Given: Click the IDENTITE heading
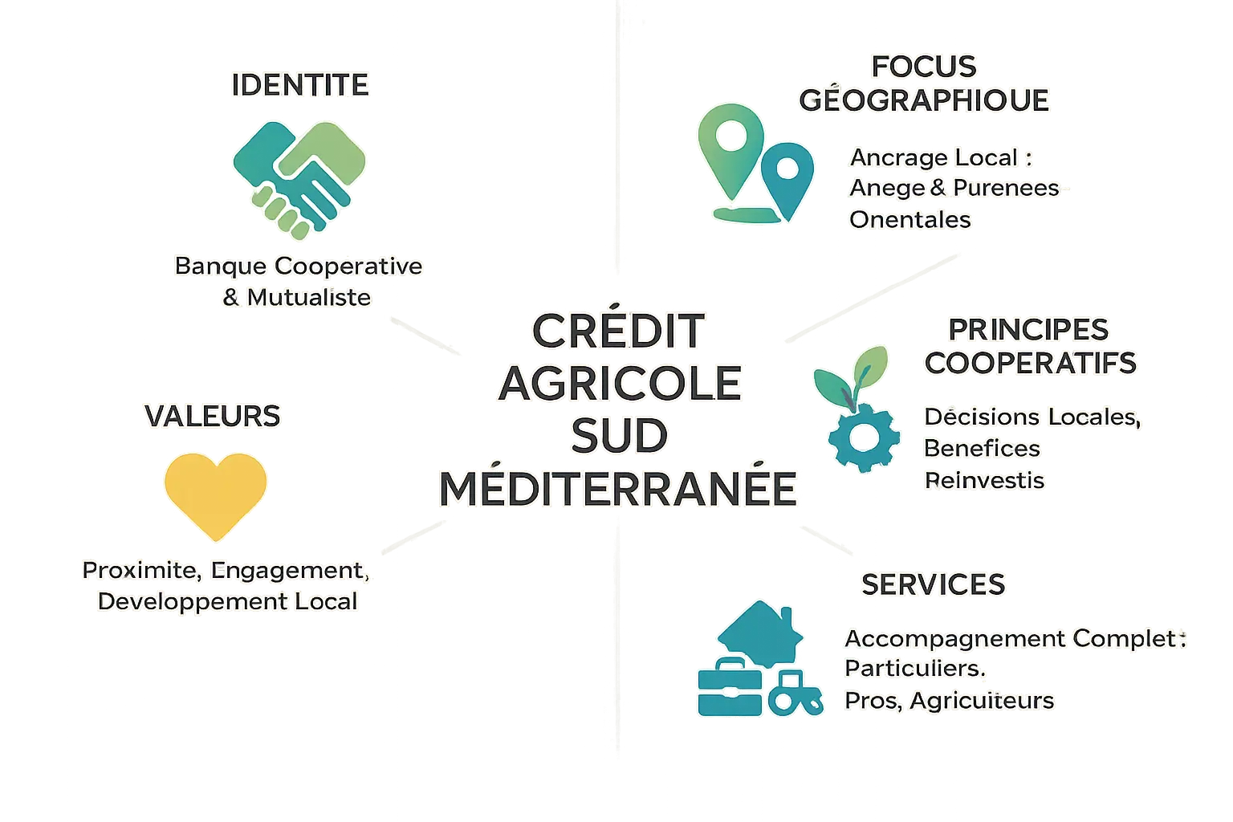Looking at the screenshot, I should [x=300, y=85].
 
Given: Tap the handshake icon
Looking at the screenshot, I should [x=299, y=177].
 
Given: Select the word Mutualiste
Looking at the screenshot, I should [x=309, y=298].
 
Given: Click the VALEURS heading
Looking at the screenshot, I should [x=212, y=416].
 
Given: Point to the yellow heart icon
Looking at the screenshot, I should [x=214, y=492].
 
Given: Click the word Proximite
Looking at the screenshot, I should [x=140, y=571].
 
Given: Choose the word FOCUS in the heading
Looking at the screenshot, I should [x=924, y=67].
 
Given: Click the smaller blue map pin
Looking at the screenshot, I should [x=787, y=177].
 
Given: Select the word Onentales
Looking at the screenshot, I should [x=909, y=220].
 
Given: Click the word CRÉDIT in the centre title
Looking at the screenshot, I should [x=618, y=331].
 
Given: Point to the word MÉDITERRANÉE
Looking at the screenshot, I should [x=618, y=489].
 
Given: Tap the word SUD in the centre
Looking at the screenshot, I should [x=619, y=436].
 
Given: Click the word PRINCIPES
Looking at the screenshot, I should [x=1028, y=329].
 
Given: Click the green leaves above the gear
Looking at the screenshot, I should [x=853, y=376].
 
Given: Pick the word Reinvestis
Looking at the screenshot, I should [x=985, y=481].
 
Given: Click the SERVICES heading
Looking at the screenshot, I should [x=933, y=584].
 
